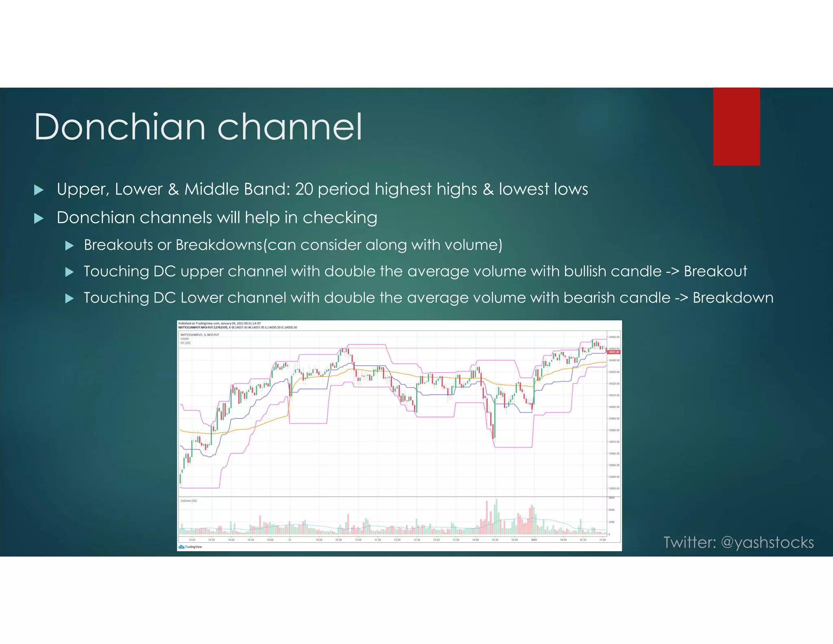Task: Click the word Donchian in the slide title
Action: pyautogui.click(x=120, y=127)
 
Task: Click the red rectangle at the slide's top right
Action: pyautogui.click(x=736, y=127)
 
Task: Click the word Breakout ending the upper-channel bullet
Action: pyautogui.click(x=715, y=272)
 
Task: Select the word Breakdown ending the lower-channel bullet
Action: pyautogui.click(x=733, y=298)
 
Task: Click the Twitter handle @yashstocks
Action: pyautogui.click(x=767, y=542)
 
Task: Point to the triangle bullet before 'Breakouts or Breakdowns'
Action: pyautogui.click(x=70, y=245)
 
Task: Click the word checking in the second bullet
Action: pyautogui.click(x=340, y=218)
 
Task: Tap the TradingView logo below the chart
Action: pyautogui.click(x=190, y=547)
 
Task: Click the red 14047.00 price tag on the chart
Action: pyautogui.click(x=613, y=352)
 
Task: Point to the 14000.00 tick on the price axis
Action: pyautogui.click(x=614, y=407)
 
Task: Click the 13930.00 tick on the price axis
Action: pyautogui.click(x=614, y=488)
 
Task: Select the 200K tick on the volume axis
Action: pyautogui.click(x=611, y=510)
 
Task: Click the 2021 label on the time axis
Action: pyautogui.click(x=534, y=540)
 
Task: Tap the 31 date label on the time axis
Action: pyautogui.click(x=290, y=540)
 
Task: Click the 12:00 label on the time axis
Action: pyautogui.click(x=397, y=540)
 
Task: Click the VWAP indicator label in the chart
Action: pyautogui.click(x=185, y=339)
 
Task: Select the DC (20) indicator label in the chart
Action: pyautogui.click(x=185, y=343)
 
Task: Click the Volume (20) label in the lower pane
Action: pyautogui.click(x=189, y=501)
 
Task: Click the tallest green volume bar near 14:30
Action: pyautogui.click(x=496, y=517)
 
